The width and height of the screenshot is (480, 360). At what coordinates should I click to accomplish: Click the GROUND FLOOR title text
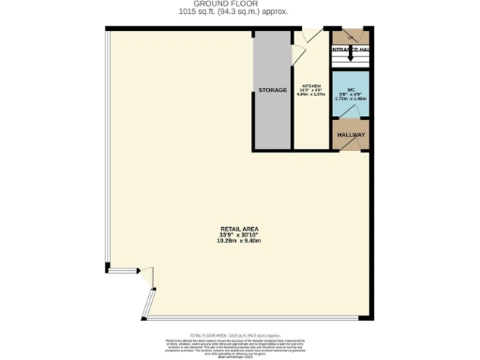(x=240, y=5)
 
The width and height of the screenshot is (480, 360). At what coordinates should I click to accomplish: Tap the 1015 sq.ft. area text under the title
(x=240, y=12)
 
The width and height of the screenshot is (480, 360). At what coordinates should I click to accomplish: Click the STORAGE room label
(x=273, y=90)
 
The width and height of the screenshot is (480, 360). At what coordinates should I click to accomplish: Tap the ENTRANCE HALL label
(x=352, y=47)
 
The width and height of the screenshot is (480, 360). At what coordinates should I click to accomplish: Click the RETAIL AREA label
(x=240, y=227)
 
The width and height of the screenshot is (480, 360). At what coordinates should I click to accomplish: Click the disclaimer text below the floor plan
(x=240, y=343)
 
